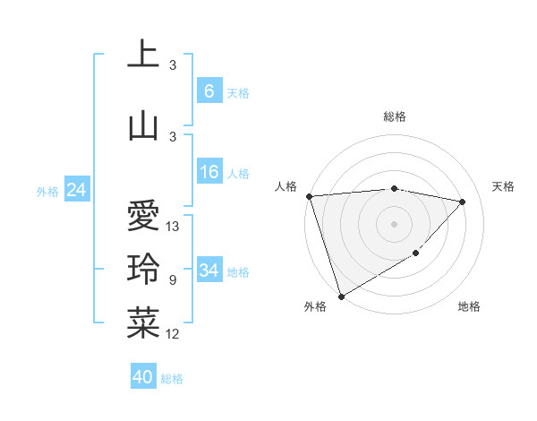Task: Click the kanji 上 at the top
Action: [x=143, y=53]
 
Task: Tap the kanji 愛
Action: [x=143, y=215]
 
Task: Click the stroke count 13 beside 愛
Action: [x=174, y=227]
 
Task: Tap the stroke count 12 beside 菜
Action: [x=174, y=334]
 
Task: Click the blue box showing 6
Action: [x=209, y=91]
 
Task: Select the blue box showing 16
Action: [x=209, y=173]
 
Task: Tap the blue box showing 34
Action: [x=209, y=271]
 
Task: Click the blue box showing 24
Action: [x=77, y=190]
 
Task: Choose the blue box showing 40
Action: [x=143, y=378]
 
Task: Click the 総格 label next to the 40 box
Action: [x=172, y=379]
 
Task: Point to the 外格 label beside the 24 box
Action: [x=47, y=191]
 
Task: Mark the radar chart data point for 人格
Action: [x=309, y=195]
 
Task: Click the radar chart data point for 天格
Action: [x=463, y=202]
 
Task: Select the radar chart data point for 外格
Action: [x=341, y=296]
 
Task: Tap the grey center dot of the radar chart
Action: [x=394, y=223]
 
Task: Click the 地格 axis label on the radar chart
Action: [x=469, y=307]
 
